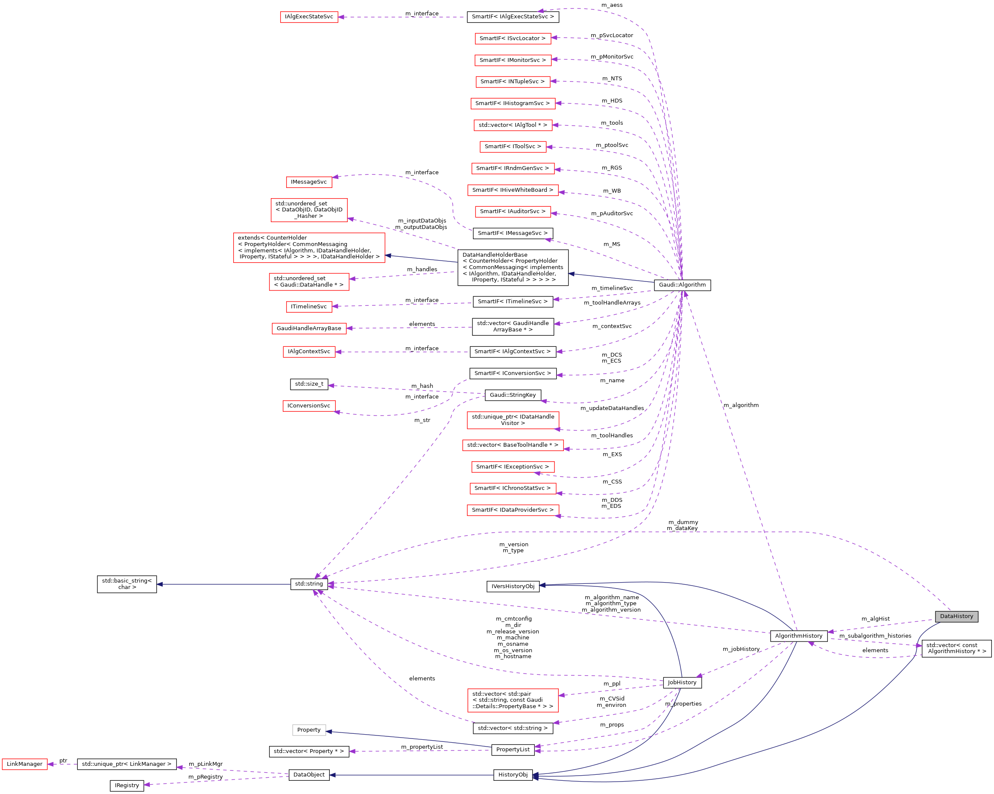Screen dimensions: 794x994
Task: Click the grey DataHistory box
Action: click(x=956, y=616)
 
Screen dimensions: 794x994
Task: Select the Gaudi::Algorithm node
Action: click(x=682, y=285)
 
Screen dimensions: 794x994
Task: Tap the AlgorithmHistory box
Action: click(x=798, y=636)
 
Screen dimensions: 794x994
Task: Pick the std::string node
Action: click(x=309, y=584)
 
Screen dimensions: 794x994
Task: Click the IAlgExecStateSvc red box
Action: click(x=309, y=17)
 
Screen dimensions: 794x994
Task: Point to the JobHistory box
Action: click(x=682, y=683)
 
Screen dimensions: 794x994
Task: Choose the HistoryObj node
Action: click(x=513, y=775)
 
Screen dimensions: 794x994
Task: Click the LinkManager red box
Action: click(x=24, y=764)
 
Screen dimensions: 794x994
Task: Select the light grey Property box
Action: click(x=309, y=730)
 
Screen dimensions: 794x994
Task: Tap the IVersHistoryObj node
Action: click(x=513, y=586)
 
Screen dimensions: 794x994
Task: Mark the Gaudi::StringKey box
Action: click(x=513, y=395)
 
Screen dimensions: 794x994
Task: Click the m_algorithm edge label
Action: click(x=741, y=405)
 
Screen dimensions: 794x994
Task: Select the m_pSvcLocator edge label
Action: click(x=612, y=35)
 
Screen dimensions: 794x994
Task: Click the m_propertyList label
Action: click(x=422, y=747)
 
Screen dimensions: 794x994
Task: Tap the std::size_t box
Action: click(x=309, y=384)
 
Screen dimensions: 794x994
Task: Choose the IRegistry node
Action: click(x=127, y=785)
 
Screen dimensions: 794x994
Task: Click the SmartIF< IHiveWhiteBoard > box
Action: click(x=513, y=190)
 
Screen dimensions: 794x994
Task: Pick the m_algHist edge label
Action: click(x=876, y=619)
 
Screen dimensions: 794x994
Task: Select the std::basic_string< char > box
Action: click(x=127, y=584)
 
